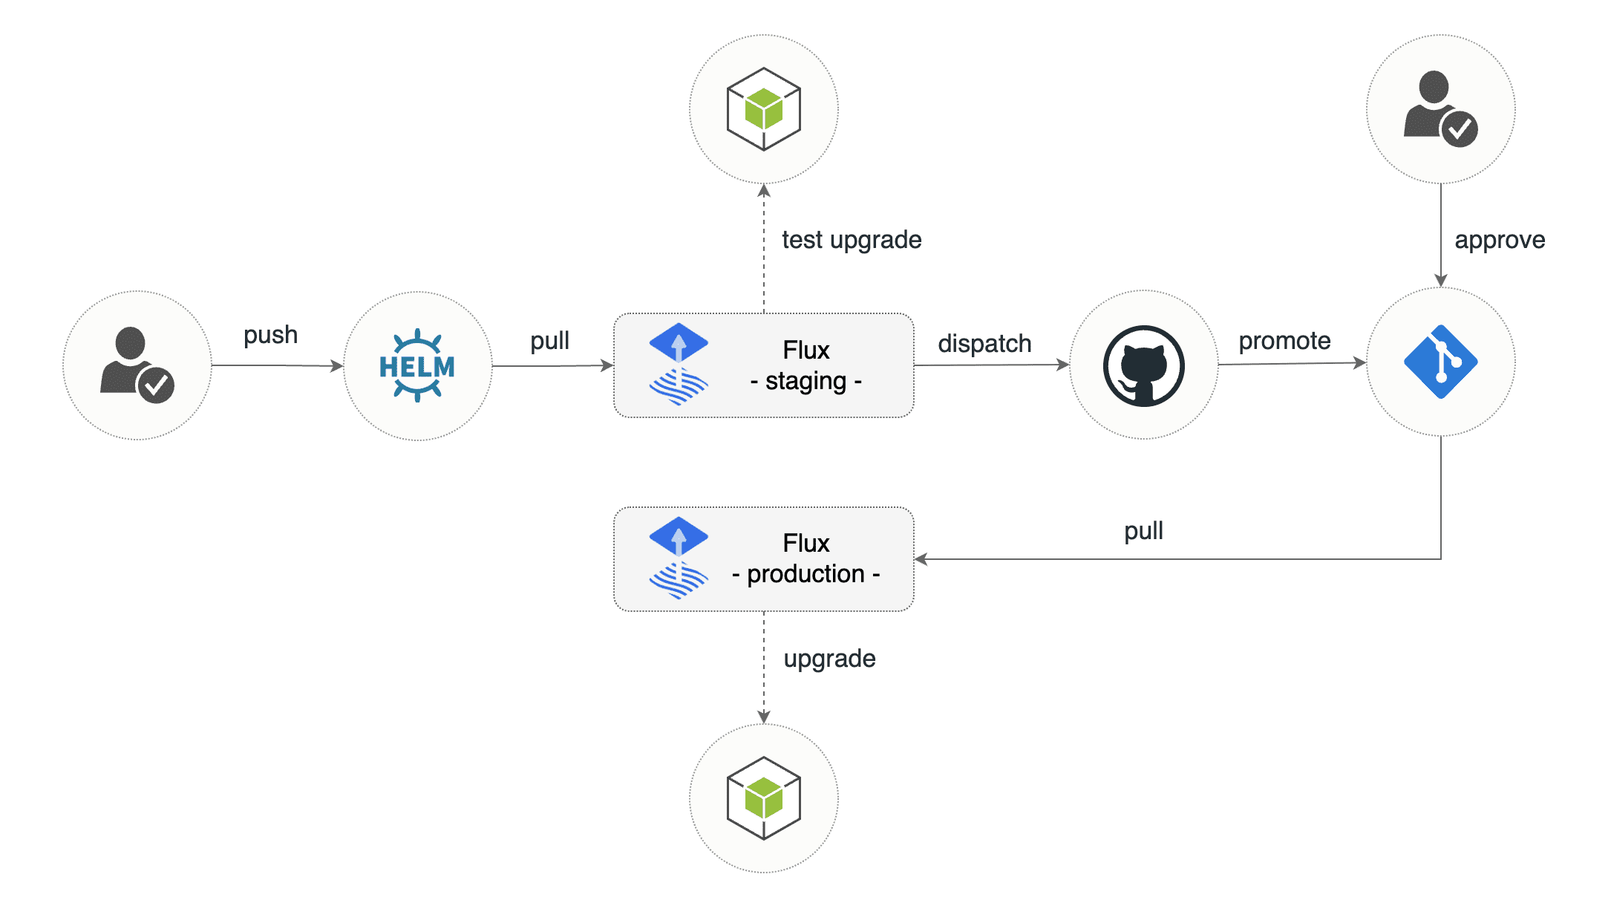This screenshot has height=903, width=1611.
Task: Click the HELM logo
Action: [417, 366]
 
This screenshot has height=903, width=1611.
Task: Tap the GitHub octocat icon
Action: [1143, 365]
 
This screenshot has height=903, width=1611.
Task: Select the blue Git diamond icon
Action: [1440, 362]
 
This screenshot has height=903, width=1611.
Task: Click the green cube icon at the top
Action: [763, 109]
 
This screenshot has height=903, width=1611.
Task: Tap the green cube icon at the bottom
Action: [763, 798]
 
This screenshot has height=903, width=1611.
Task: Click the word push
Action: [270, 335]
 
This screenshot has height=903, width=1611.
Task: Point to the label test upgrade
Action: [852, 240]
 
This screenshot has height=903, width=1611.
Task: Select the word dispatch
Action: [984, 344]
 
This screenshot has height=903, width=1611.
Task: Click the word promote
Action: [1284, 341]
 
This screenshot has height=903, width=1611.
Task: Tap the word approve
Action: [1500, 240]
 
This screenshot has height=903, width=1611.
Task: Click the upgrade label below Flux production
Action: [829, 659]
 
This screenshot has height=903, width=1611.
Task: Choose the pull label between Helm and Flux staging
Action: [549, 341]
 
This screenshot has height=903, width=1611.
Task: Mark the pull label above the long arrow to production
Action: [1143, 531]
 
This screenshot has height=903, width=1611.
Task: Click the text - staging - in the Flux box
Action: [805, 382]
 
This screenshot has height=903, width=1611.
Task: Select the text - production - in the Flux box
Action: [805, 574]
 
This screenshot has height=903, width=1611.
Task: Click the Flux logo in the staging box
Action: [679, 364]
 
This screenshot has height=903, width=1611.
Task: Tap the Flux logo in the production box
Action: [679, 558]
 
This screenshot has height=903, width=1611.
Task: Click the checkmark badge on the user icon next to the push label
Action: [156, 385]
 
